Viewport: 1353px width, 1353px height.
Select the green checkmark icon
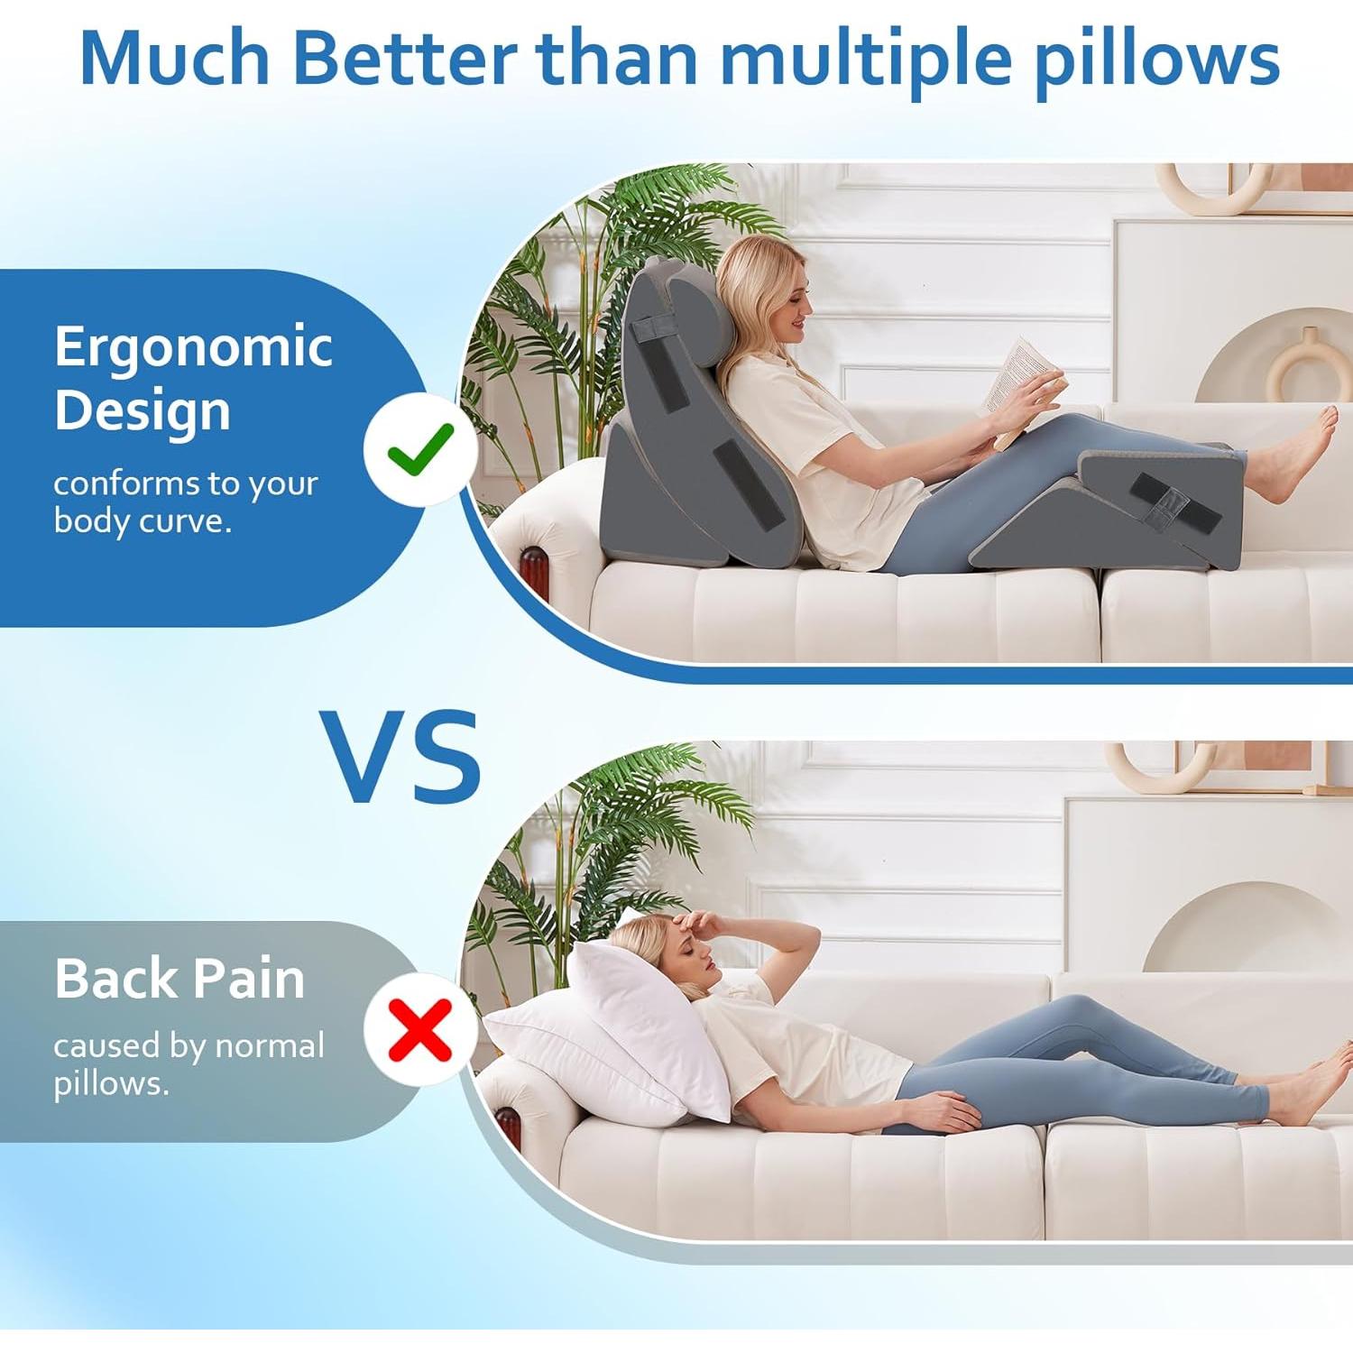pyautogui.click(x=420, y=448)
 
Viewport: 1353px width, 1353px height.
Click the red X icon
pyautogui.click(x=420, y=1029)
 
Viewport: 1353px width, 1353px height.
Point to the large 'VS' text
pyautogui.click(x=402, y=756)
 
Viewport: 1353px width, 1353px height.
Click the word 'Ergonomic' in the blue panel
pyautogui.click(x=193, y=347)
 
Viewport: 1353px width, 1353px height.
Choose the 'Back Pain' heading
pyautogui.click(x=179, y=979)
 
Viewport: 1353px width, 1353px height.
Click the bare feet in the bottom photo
pyautogui.click(x=1308, y=1087)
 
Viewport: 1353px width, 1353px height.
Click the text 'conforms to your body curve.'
pyautogui.click(x=185, y=502)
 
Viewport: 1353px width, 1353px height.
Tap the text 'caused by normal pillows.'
pyautogui.click(x=188, y=1064)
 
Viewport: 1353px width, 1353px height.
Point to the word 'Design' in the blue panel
pyautogui.click(x=143, y=410)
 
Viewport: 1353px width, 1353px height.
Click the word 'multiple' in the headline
pyautogui.click(x=866, y=60)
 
